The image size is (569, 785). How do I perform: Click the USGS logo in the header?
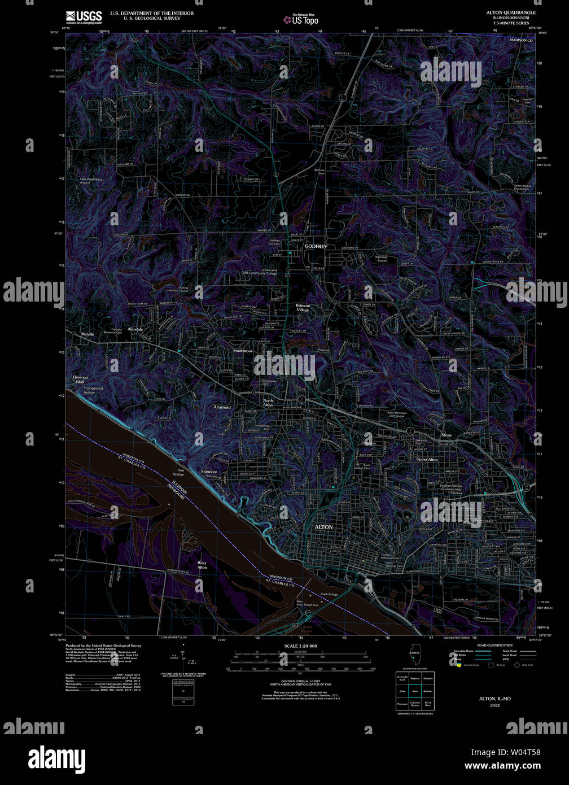84,16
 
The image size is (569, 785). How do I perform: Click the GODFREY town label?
316,247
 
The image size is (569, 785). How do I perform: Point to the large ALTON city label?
323,527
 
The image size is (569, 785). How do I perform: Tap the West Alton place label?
202,565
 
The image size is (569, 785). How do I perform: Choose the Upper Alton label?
427,460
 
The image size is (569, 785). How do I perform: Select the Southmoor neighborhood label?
243,351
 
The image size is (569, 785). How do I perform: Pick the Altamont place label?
222,407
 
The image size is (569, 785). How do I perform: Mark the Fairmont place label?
209,472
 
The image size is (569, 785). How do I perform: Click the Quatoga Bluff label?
80,379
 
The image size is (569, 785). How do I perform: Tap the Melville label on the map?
87,334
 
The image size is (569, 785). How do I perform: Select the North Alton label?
268,403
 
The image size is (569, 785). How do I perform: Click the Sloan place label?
447,435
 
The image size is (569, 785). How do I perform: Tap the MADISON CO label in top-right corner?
521,41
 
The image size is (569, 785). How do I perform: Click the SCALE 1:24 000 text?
300,646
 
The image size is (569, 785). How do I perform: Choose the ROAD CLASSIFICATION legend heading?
494,645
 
